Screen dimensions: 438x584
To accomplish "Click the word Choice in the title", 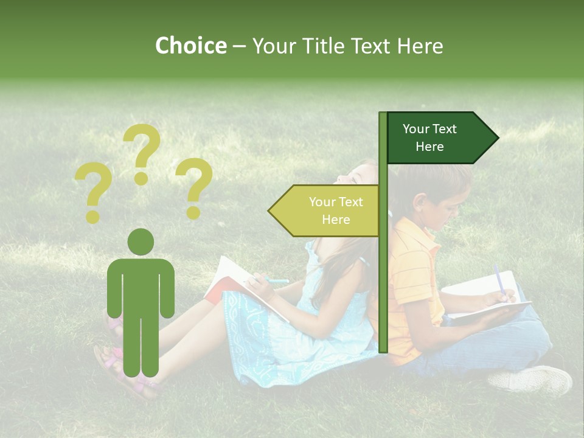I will pyautogui.click(x=190, y=46).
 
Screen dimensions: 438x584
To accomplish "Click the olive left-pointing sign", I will pyautogui.click(x=325, y=210).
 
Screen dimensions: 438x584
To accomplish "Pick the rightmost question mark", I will pyautogui.click(x=193, y=187).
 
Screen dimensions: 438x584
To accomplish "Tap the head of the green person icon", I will pyautogui.click(x=141, y=242).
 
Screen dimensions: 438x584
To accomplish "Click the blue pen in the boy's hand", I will pyautogui.click(x=499, y=280).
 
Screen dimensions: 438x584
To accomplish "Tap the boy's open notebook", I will pyautogui.click(x=481, y=295).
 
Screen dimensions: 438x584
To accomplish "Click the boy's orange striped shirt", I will pyautogui.click(x=414, y=274).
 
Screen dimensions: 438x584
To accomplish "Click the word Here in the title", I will pyautogui.click(x=420, y=46).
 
